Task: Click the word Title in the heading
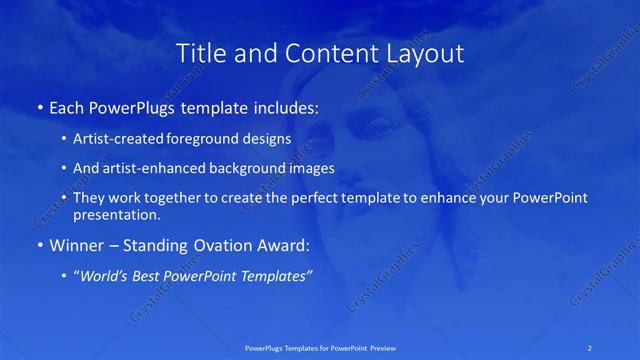[x=199, y=52]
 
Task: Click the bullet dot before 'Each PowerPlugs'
[x=39, y=108]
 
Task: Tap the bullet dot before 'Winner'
[x=39, y=246]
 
